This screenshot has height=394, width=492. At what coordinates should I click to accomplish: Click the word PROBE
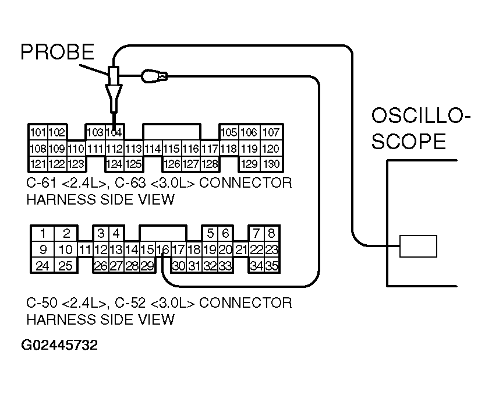[x=56, y=52]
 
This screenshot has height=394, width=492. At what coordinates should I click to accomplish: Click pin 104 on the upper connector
[x=115, y=132]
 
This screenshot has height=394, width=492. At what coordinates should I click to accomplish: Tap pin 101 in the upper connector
[x=38, y=132]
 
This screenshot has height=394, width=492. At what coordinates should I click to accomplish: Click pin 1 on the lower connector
[x=43, y=234]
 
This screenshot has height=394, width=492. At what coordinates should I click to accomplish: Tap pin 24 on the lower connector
[x=43, y=266]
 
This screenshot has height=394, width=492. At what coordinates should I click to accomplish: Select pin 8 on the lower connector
[x=271, y=234]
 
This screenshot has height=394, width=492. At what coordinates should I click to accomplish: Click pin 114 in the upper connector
[x=153, y=148]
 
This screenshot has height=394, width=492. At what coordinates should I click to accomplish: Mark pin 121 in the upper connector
[x=38, y=164]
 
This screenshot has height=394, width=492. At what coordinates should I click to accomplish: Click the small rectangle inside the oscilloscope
[x=418, y=246]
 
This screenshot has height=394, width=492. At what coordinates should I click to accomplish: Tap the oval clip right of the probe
[x=153, y=75]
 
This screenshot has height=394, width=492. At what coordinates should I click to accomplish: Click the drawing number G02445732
[x=59, y=345]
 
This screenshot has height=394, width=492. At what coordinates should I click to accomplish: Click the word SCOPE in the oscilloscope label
[x=409, y=142]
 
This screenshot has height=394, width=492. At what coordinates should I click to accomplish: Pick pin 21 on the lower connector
[x=241, y=250]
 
